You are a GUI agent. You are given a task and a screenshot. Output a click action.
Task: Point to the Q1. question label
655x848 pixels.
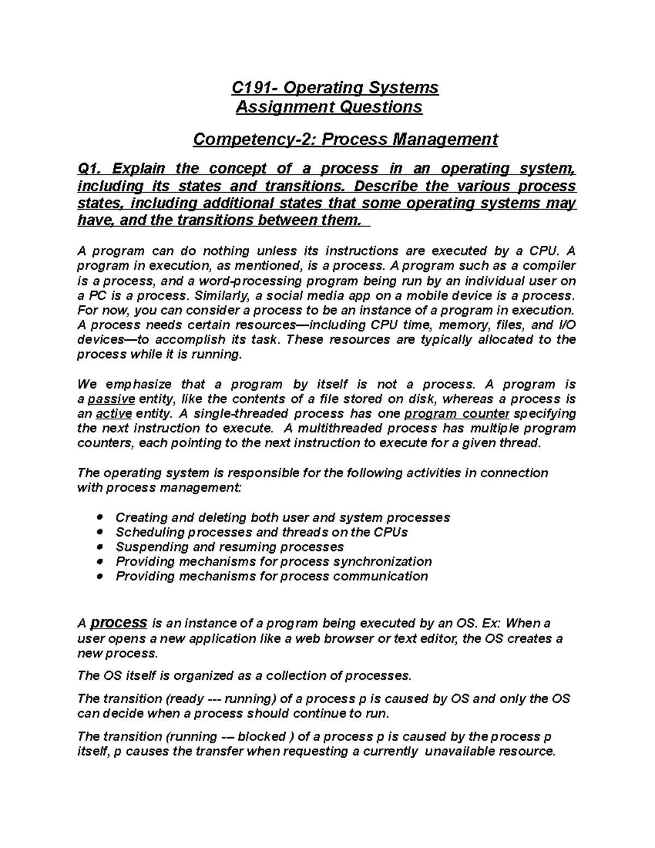[x=90, y=169]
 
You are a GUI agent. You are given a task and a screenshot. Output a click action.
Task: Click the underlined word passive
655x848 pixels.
[x=111, y=399]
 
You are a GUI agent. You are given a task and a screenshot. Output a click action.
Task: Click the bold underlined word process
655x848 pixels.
[x=118, y=622]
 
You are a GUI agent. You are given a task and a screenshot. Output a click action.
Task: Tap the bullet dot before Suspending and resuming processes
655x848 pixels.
[x=99, y=547]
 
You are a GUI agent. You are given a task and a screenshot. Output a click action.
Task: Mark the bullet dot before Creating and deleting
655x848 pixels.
[x=99, y=517]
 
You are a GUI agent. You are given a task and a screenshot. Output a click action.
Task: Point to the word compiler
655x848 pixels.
[x=551, y=266]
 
